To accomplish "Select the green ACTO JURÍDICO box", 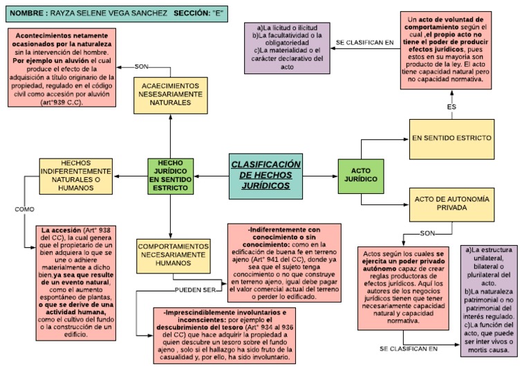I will (x=360, y=174).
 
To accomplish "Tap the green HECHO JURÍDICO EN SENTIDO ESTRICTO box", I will (x=170, y=174).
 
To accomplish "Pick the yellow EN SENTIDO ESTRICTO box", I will (x=451, y=139).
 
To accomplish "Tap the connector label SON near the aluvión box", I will (x=142, y=66).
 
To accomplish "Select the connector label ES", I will (x=451, y=107).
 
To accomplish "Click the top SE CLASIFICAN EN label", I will (x=364, y=42).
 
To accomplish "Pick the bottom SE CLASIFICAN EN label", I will (x=409, y=348).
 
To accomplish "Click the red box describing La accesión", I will (x=76, y=283).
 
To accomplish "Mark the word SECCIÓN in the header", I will (x=193, y=13).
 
